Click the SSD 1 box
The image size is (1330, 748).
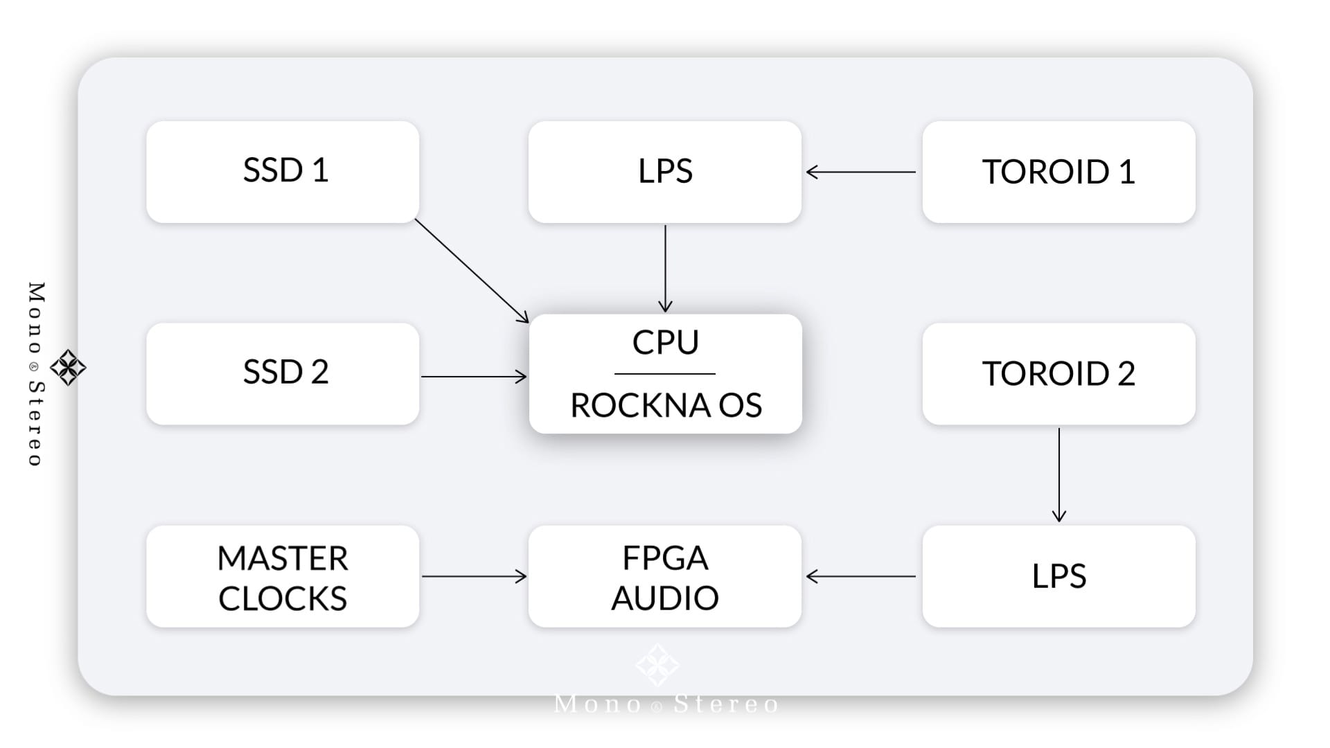283,172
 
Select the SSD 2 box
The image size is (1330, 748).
283,374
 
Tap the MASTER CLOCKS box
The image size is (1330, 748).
283,576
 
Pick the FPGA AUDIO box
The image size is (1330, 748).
665,576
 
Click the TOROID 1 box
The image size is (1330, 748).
1058,172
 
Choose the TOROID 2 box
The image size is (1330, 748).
1058,374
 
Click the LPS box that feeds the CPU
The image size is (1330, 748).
665,172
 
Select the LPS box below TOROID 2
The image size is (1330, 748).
1058,576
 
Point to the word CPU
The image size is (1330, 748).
666,342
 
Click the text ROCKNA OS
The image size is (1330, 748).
666,405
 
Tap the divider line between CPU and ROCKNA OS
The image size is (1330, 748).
665,374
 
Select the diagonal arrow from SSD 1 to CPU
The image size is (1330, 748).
472,271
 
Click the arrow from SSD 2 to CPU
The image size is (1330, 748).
474,377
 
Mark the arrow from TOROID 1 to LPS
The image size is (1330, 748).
861,172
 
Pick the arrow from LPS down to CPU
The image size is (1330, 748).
665,269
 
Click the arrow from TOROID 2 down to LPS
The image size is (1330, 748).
1058,475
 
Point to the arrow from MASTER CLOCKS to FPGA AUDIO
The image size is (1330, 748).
474,576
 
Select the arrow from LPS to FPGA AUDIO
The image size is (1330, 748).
861,576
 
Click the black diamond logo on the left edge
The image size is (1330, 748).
68,367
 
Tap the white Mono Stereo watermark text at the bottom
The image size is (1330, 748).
666,704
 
